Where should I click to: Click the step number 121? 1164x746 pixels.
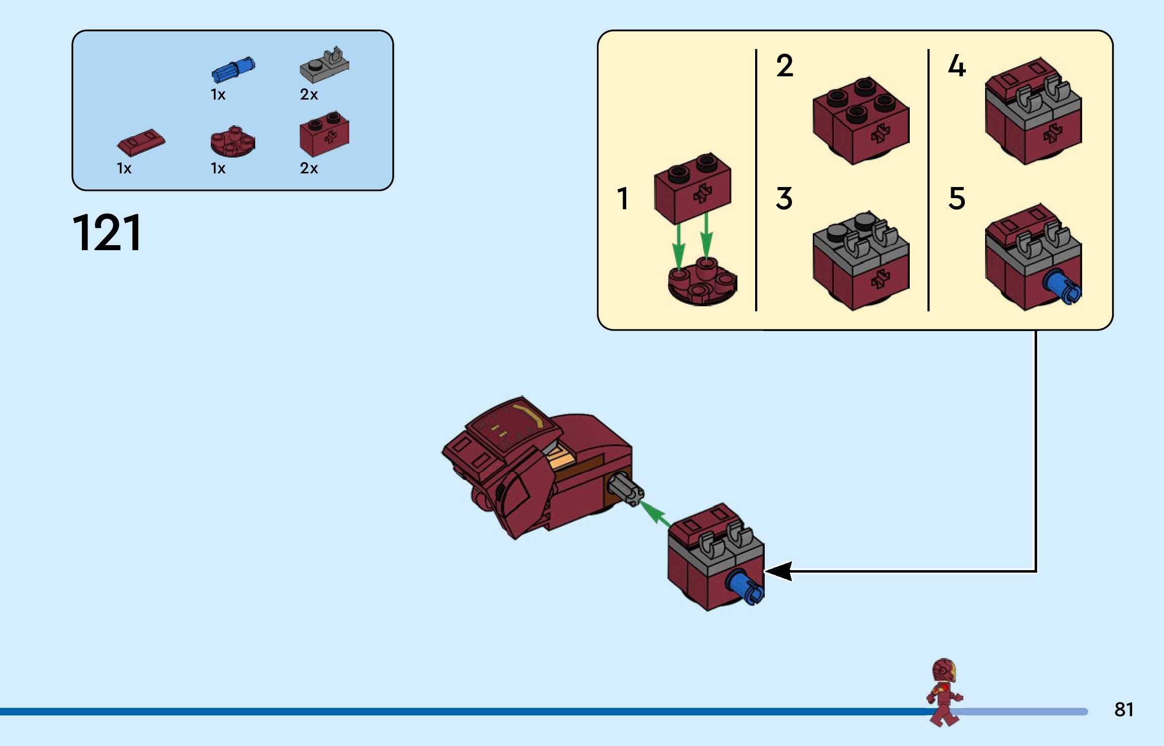107,232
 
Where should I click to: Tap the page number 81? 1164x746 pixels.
1124,710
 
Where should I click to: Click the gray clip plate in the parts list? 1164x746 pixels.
324,65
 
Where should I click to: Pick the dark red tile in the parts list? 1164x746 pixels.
141,143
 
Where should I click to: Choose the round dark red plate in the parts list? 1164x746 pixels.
232,142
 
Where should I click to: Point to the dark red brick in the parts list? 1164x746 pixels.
324,134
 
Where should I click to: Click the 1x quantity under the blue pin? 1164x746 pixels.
218,95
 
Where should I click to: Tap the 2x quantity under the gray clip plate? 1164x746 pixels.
309,95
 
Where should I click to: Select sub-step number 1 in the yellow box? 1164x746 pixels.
623,198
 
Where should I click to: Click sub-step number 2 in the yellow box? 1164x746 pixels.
784,66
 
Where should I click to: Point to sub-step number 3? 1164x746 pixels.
784,198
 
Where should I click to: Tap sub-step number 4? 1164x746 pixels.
957,66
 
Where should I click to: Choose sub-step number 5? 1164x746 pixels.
957,198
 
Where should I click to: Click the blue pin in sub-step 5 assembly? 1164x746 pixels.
1062,287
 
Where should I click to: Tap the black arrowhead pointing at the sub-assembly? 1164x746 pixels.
778,571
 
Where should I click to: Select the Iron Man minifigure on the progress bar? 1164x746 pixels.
944,692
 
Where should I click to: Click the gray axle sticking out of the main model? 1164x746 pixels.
626,490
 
